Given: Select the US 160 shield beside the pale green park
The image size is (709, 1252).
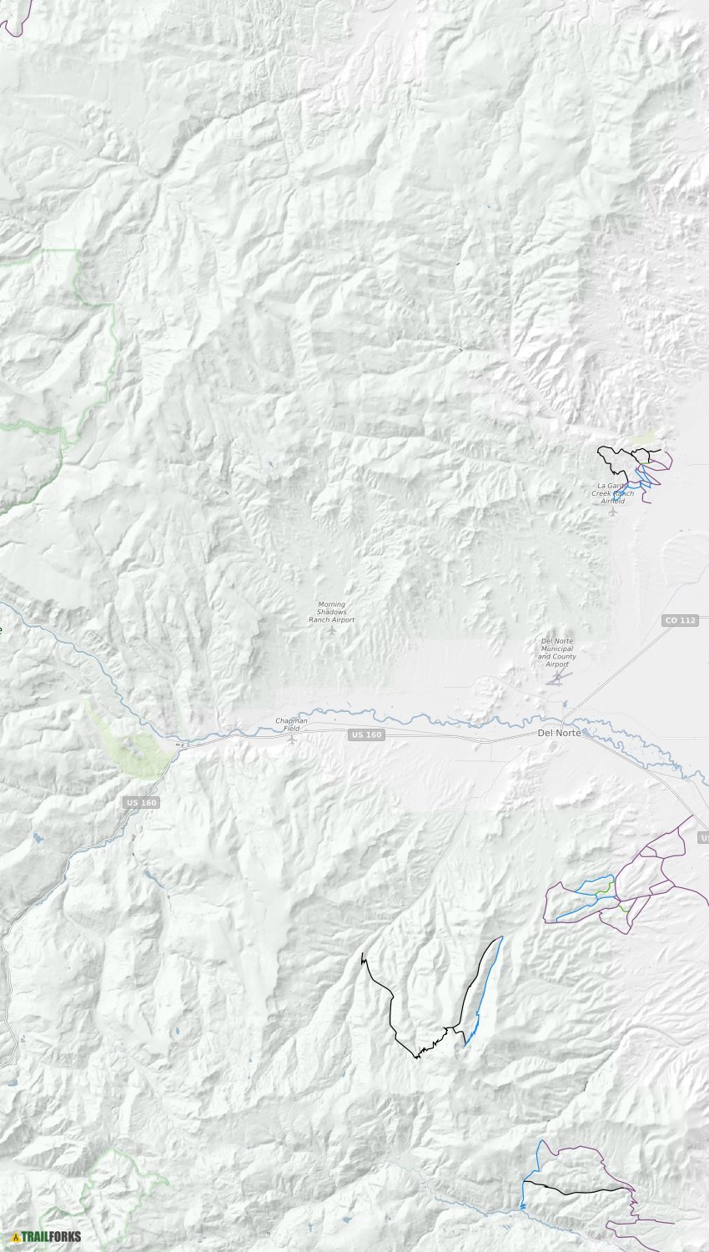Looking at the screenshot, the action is (142, 802).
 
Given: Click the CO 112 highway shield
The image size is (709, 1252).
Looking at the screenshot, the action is (680, 620).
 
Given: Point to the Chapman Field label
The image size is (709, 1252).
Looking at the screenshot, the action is (291, 724).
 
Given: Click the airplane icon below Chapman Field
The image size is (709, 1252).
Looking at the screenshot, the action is (291, 739).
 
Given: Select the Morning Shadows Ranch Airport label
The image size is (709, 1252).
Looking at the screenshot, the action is (331, 612).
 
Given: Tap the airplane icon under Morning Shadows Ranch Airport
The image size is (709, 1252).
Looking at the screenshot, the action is (332, 629).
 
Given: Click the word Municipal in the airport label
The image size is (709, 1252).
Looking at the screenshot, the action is (556, 649).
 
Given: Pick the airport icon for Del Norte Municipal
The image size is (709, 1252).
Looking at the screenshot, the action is (556, 676).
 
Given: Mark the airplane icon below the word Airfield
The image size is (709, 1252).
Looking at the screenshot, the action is (614, 511).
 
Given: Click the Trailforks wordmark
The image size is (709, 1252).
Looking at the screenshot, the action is (52, 1236).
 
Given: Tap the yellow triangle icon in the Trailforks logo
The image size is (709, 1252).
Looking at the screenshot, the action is (16, 1236).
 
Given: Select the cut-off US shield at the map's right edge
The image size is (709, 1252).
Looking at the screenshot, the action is (703, 837).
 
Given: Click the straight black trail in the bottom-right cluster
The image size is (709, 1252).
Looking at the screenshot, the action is (576, 1186).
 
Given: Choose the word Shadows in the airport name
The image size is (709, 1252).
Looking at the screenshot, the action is (330, 612).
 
